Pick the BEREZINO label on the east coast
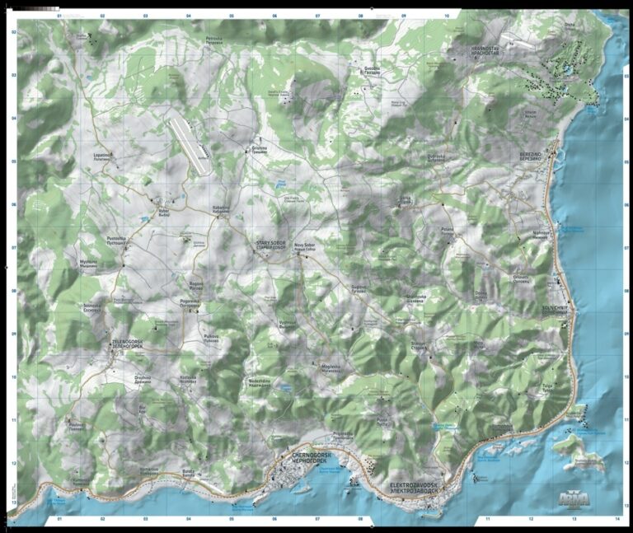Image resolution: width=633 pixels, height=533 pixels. point(532,157)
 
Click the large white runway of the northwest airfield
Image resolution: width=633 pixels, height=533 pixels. point(190,144)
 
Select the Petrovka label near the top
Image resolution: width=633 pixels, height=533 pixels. point(215,39)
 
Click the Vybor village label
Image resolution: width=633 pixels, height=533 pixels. point(163,211)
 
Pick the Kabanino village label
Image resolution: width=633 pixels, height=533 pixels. point(221,209)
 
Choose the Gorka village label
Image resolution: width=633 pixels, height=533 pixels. point(406,199)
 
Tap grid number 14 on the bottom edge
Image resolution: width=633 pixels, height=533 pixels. point(617,520)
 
